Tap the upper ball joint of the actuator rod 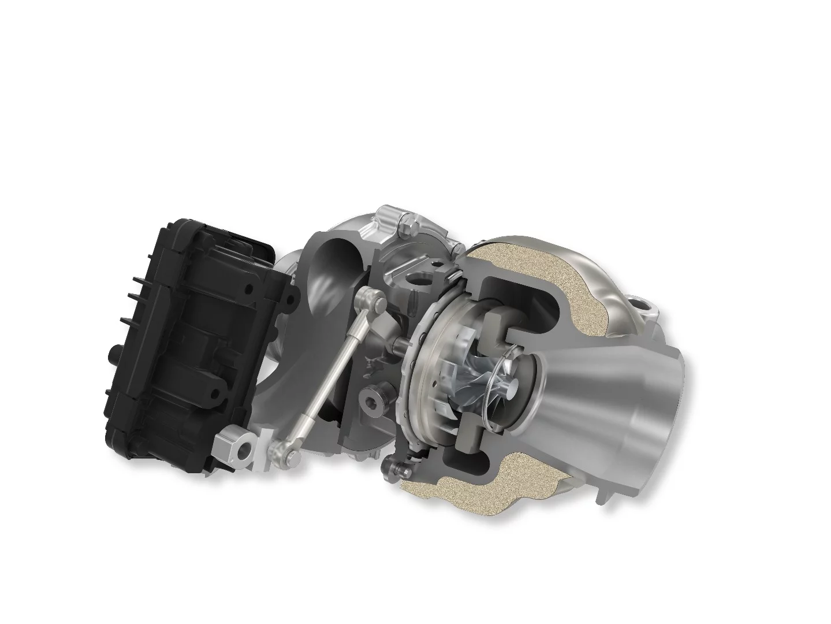[370, 300]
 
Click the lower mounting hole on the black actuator [215, 395]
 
